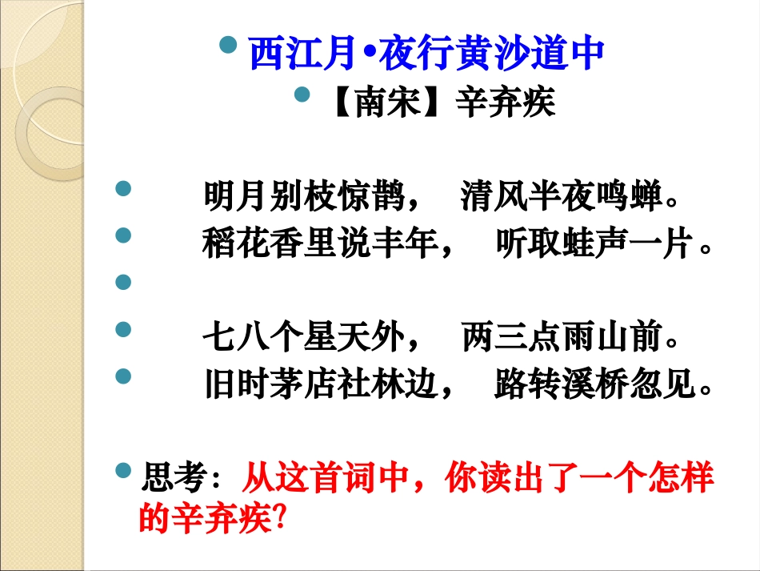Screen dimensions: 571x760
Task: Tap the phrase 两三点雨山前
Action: tap(562, 339)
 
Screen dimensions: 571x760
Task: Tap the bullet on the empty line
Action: tap(123, 281)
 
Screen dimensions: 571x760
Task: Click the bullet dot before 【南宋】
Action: tap(302, 95)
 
